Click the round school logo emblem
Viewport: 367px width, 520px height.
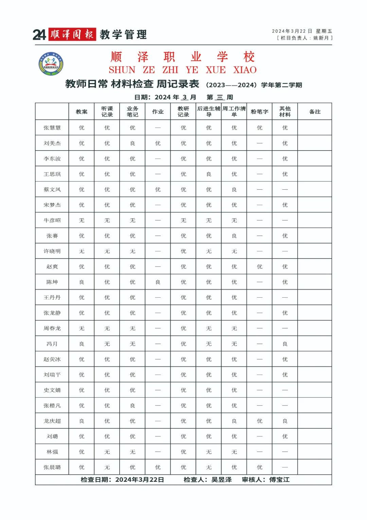51,64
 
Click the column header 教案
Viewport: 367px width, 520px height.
82,112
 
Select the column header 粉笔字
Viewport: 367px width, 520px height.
260,112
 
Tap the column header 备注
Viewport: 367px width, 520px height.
315,112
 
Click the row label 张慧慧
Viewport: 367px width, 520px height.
52,128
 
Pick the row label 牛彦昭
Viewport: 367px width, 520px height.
52,220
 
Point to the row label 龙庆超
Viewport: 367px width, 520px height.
52,421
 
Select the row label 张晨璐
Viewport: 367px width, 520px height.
52,467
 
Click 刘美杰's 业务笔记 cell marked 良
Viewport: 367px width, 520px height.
133,143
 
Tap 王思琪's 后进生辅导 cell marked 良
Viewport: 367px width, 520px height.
209,174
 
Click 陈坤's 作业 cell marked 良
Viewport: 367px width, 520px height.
158,282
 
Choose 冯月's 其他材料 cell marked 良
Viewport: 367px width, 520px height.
285,344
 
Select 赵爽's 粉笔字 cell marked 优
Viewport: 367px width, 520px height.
260,267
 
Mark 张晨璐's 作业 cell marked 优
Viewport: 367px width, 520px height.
158,467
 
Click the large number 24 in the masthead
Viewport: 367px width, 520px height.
39,35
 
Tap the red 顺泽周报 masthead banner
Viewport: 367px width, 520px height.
72,34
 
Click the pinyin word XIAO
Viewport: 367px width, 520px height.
245,70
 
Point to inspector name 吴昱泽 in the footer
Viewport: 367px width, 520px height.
222,479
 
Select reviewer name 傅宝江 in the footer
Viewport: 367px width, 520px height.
279,479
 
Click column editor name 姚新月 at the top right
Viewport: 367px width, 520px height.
321,38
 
